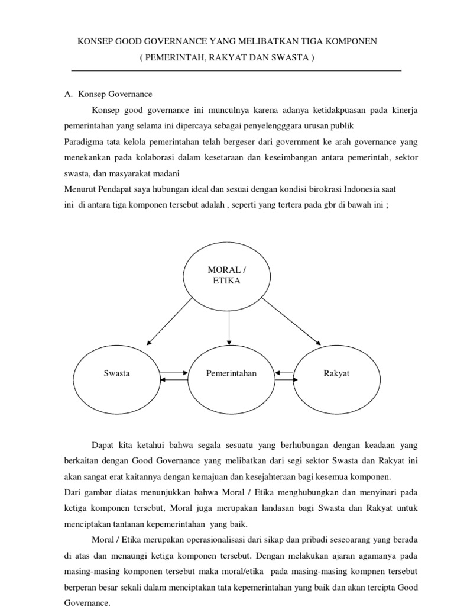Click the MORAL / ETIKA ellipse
(x=226, y=275)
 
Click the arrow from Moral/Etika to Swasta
(x=170, y=321)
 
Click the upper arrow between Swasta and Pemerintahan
(x=173, y=372)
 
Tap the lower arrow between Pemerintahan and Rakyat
(x=284, y=379)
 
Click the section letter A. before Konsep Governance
(x=68, y=94)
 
